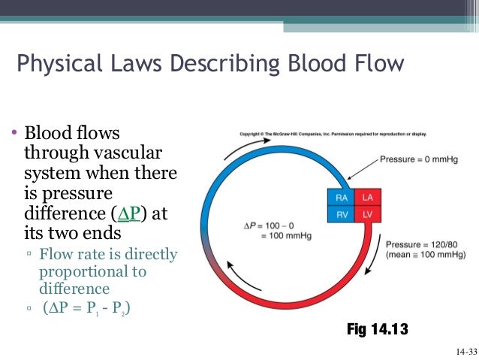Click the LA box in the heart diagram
pos(367,197)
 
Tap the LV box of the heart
pos(367,213)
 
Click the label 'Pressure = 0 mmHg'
pos(417,159)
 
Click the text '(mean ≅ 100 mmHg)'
pos(425,255)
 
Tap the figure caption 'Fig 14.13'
pos(378,329)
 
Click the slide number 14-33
pos(465,352)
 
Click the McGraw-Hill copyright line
pos(332,134)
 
